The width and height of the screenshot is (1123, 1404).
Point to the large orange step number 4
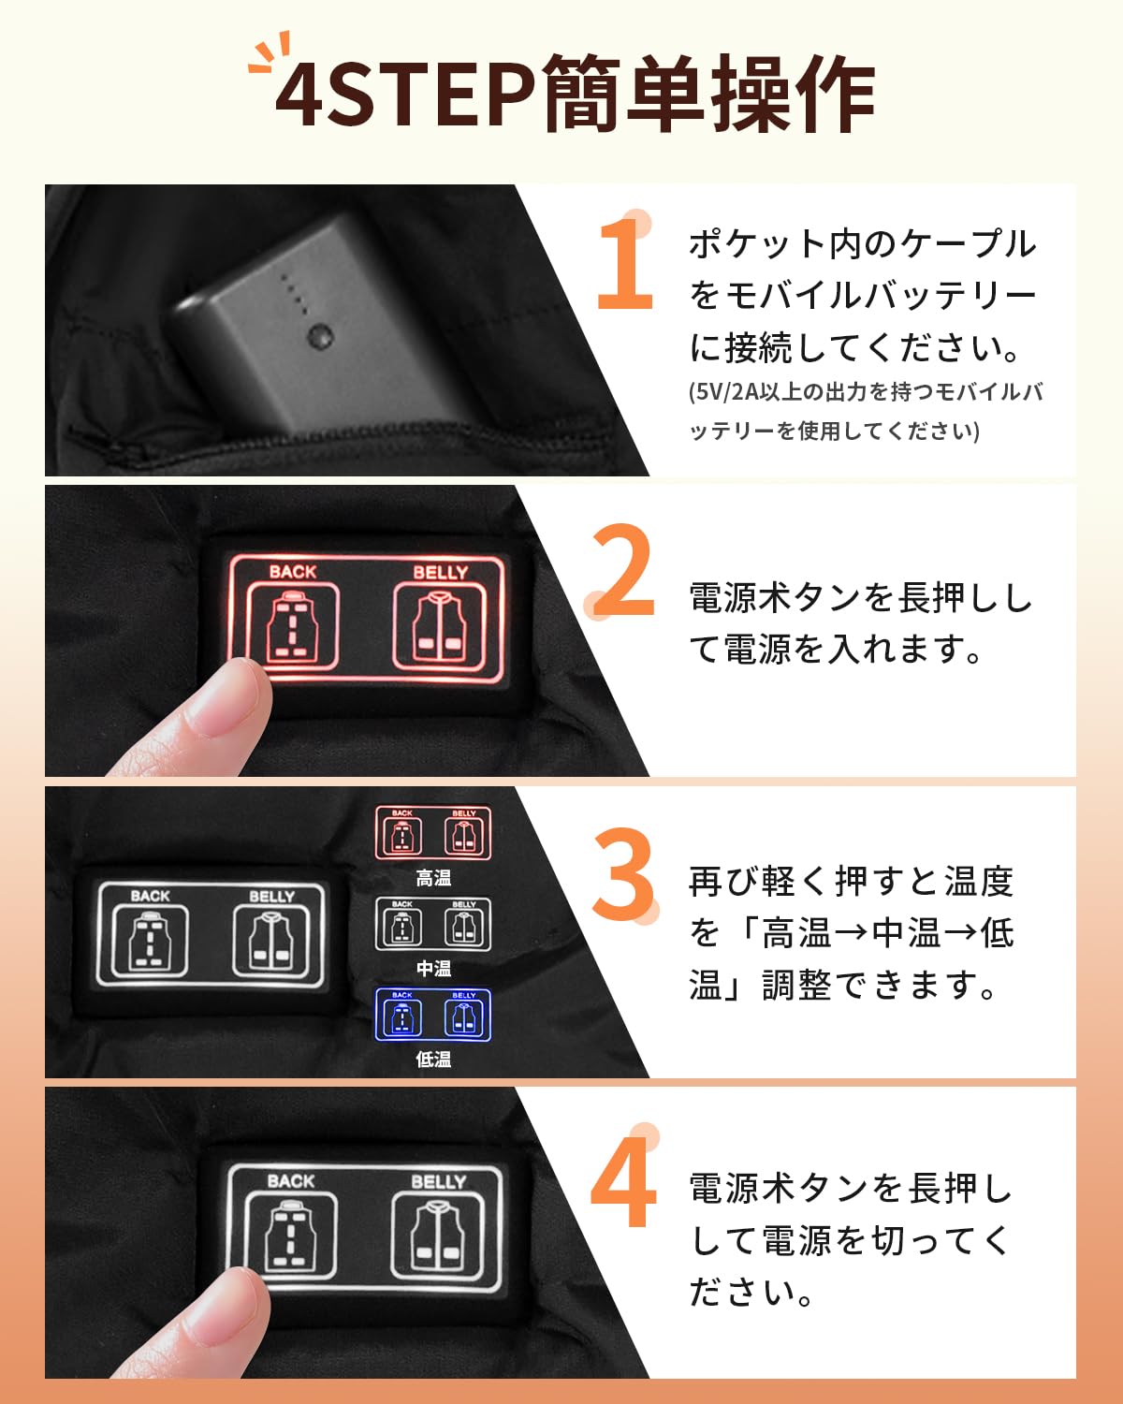[x=623, y=1181]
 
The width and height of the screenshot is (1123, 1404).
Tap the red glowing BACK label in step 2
[x=293, y=571]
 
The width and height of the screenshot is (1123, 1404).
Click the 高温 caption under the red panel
[x=433, y=878]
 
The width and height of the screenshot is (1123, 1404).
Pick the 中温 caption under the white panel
[x=433, y=969]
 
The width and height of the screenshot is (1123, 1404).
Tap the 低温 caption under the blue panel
[x=433, y=1060]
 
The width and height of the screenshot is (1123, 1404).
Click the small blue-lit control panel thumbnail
[x=433, y=1016]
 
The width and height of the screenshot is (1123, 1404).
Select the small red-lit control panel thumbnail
[x=433, y=833]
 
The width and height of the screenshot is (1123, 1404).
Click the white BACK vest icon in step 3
[x=150, y=940]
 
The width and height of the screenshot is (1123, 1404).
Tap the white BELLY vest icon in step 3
[x=271, y=940]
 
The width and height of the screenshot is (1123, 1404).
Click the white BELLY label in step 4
[x=439, y=1181]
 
